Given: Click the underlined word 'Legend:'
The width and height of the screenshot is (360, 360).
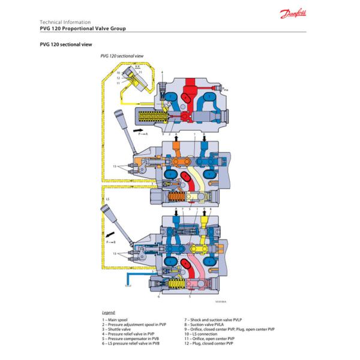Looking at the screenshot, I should pyautogui.click(x=109, y=313).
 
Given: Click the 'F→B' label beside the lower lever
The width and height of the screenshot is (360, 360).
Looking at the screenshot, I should pyautogui.click(x=110, y=243).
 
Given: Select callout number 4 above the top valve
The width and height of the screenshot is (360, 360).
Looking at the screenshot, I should pyautogui.click(x=162, y=72).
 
